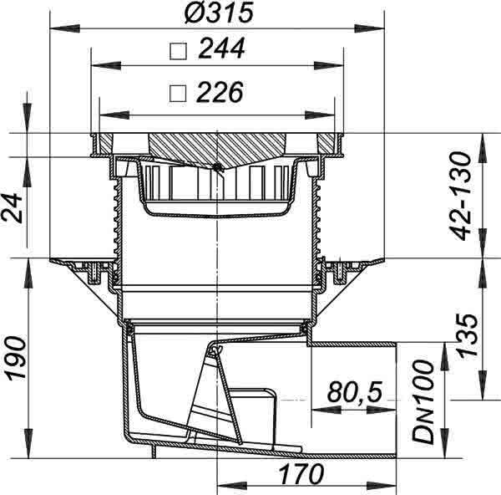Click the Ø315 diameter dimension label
pyautogui.click(x=219, y=13)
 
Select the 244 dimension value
pyautogui.click(x=222, y=48)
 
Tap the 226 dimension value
pyautogui.click(x=220, y=92)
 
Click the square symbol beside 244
pyautogui.click(x=178, y=52)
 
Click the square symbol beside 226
pyautogui.click(x=178, y=94)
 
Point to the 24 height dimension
pyautogui.click(x=13, y=208)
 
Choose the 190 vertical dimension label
pyautogui.click(x=17, y=358)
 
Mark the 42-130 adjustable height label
pyautogui.click(x=460, y=196)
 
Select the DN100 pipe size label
pyautogui.click(x=423, y=402)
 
